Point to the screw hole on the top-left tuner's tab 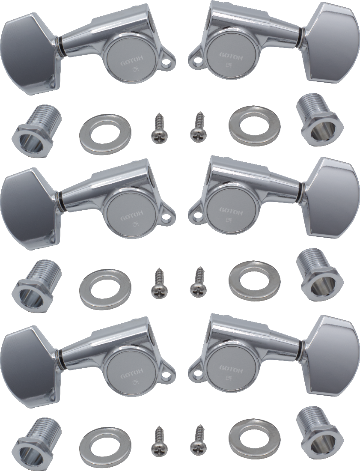164,63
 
